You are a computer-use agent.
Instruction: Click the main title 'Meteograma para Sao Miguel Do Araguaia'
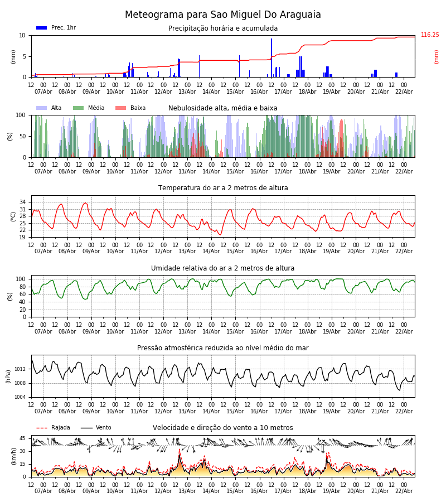tap(223, 15)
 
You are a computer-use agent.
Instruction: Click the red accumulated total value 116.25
tap(430, 35)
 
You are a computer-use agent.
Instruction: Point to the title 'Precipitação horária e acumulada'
tap(223, 28)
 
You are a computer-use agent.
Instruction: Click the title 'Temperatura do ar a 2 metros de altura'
tap(223, 188)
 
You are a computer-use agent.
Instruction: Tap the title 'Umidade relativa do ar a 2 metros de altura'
tap(223, 268)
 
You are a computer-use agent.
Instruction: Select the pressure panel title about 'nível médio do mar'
tap(223, 348)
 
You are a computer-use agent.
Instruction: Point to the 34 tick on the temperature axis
tap(23, 202)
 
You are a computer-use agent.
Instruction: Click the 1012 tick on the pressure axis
tap(20, 369)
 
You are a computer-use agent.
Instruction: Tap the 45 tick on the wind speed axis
tap(23, 438)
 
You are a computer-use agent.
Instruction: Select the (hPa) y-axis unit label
tap(9, 376)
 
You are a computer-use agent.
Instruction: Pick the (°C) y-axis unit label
tap(13, 216)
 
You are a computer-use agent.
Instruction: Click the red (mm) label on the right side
tap(437, 56)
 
